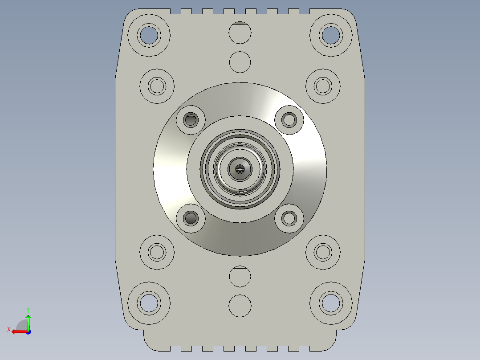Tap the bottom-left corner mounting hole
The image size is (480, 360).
(x=148, y=303)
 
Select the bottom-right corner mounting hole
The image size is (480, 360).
(x=331, y=303)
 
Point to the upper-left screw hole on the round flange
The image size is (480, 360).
(x=191, y=119)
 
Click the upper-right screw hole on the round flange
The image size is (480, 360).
(x=289, y=119)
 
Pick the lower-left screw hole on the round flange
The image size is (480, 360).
(x=191, y=218)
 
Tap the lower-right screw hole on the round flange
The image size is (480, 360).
(x=289, y=218)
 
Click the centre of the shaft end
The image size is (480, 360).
(x=240, y=169)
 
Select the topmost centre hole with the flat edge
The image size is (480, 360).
(x=240, y=33)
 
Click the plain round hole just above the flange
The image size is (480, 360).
(x=240, y=62)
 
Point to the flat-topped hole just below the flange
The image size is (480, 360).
(x=240, y=277)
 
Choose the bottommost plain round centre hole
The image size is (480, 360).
(x=240, y=306)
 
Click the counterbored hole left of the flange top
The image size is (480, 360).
(x=157, y=86)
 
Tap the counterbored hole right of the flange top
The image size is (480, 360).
(x=323, y=86)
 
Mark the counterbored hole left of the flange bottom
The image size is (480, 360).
(x=157, y=252)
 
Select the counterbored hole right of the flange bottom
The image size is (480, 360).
(x=323, y=252)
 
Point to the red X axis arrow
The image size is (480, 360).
(x=18, y=331)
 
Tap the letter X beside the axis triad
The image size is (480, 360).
(x=9, y=329)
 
